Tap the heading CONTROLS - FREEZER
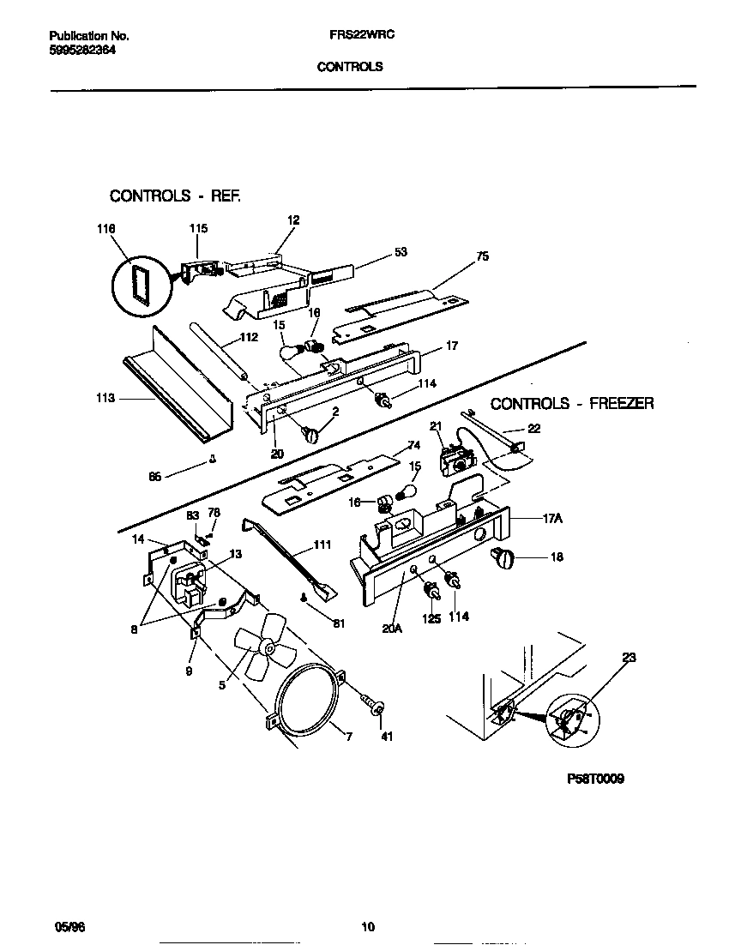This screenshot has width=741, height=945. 571,403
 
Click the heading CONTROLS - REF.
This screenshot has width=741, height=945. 175,196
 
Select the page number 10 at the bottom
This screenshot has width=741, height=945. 368,926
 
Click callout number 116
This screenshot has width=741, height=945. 106,229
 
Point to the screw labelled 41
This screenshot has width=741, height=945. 375,706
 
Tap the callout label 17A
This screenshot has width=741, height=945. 552,518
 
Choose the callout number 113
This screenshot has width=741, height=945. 106,398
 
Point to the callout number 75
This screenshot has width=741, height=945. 482,256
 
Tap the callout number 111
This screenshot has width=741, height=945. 322,545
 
